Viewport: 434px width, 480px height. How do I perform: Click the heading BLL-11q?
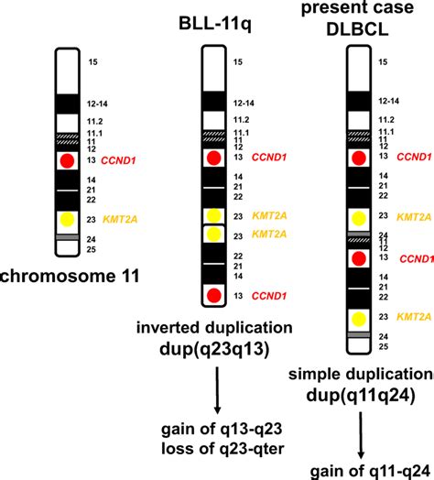pyautogui.click(x=215, y=30)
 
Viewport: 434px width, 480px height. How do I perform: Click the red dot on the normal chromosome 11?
pyautogui.click(x=66, y=161)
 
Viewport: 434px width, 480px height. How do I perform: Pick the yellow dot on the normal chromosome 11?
pyautogui.click(x=66, y=220)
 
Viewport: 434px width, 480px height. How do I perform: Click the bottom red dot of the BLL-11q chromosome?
pyautogui.click(x=212, y=295)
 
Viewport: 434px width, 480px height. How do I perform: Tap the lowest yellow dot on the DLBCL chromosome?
pyautogui.click(x=359, y=319)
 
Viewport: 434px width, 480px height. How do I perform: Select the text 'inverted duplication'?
pyautogui.click(x=216, y=327)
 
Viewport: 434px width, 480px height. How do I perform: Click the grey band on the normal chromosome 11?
pyautogui.click(x=66, y=237)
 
